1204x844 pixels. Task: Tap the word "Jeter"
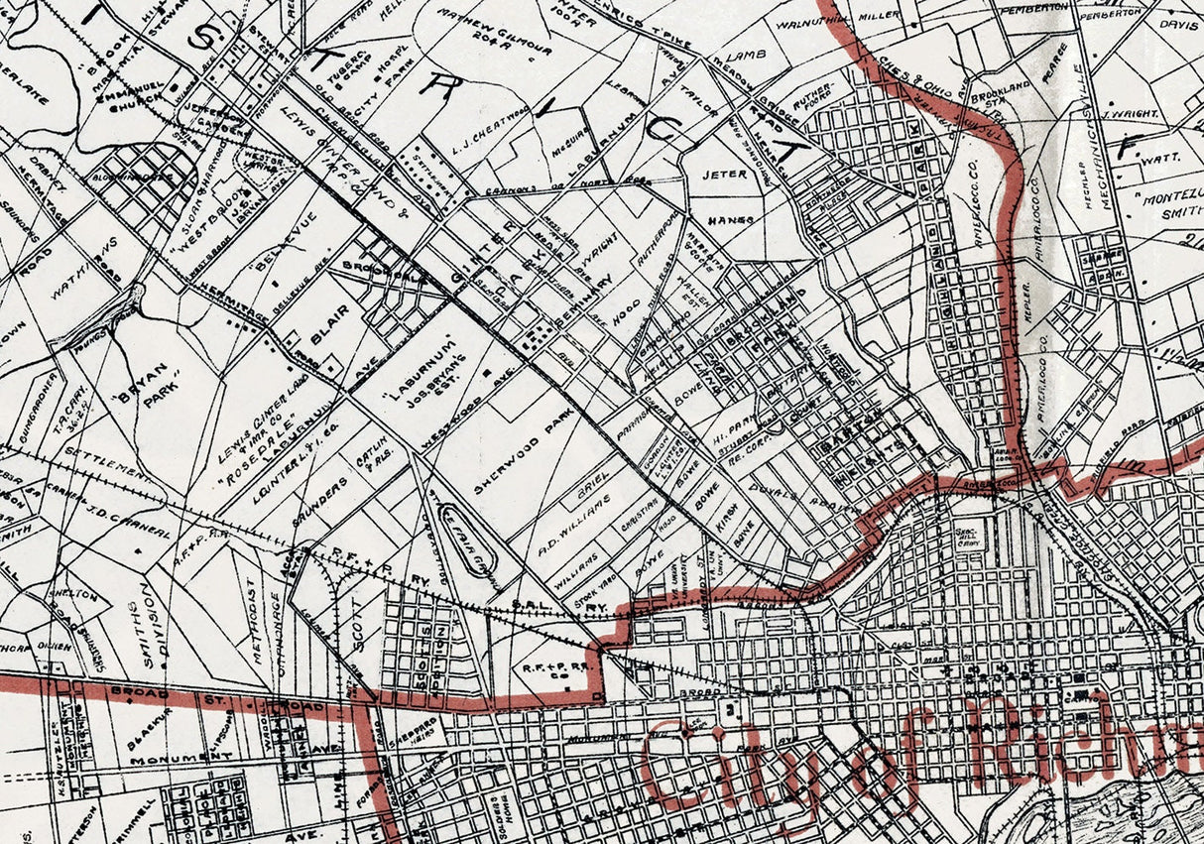tap(724, 174)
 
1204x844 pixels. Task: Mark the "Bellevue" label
tap(265, 253)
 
